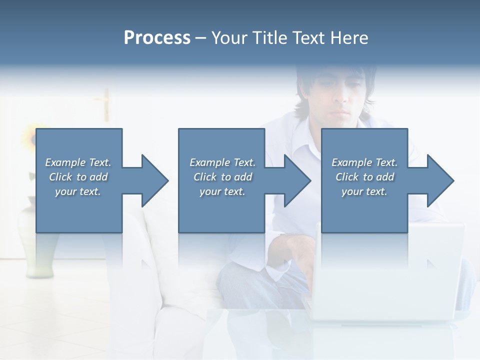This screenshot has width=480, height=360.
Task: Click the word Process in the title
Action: (x=157, y=38)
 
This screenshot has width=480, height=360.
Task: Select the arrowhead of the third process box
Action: (x=439, y=180)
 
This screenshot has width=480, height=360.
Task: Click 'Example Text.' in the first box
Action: (x=78, y=162)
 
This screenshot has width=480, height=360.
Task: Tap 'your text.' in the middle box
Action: (x=222, y=191)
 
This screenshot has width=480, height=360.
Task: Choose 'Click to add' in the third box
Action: (x=364, y=177)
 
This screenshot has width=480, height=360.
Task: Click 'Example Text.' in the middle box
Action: (x=222, y=162)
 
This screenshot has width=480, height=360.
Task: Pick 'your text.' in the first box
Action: (x=78, y=191)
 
